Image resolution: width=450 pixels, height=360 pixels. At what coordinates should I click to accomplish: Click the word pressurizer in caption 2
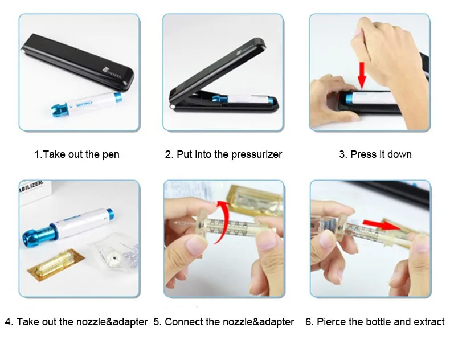pyautogui.click(x=256, y=154)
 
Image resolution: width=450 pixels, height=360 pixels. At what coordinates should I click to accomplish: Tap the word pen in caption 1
pyautogui.click(x=111, y=154)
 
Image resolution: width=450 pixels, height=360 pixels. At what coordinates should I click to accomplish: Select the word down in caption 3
pyautogui.click(x=399, y=154)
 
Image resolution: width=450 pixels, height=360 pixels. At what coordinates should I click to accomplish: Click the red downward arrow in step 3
pyautogui.click(x=362, y=75)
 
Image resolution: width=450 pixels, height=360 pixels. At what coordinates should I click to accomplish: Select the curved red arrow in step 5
pyautogui.click(x=222, y=222)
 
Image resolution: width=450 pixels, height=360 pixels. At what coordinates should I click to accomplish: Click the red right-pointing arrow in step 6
pyautogui.click(x=381, y=224)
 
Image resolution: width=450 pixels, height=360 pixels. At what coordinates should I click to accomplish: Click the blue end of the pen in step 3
pyautogui.click(x=349, y=98)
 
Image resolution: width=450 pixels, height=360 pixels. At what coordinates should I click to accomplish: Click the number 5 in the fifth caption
pyautogui.click(x=156, y=322)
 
